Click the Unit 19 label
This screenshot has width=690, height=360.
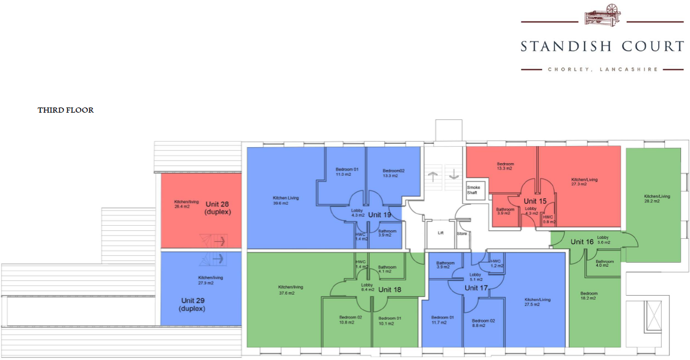point(379,215)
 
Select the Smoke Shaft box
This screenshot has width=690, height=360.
point(473,190)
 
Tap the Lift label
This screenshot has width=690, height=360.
point(440,233)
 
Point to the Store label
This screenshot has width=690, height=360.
point(461,233)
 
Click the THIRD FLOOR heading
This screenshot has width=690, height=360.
point(65,110)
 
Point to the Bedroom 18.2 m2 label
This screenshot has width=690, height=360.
point(588,296)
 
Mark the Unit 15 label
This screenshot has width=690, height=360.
point(535,201)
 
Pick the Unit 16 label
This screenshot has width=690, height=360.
point(581,242)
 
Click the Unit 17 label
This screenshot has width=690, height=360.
point(476,288)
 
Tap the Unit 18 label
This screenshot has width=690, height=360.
point(390,289)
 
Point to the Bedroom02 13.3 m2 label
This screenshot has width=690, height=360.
point(394,173)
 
